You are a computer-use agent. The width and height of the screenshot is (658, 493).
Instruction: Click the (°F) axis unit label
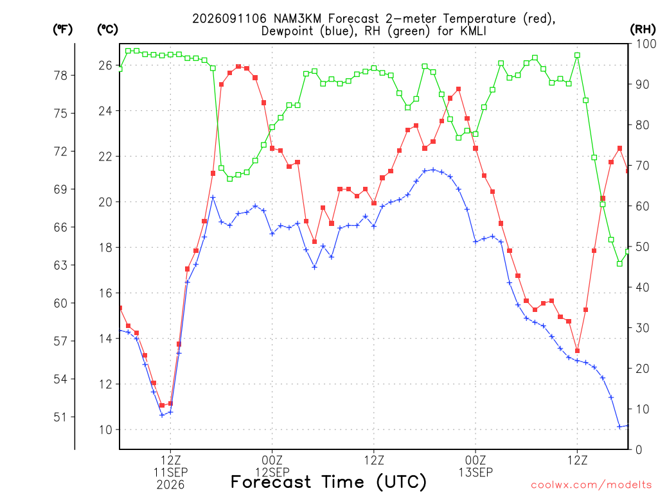pyautogui.click(x=62, y=30)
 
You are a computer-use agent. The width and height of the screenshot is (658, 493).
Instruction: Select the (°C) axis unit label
pyautogui.click(x=107, y=30)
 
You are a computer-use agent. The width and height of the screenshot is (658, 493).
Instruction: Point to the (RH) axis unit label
pyautogui.click(x=643, y=30)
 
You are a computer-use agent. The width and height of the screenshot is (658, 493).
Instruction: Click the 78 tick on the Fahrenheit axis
pyautogui.click(x=61, y=76)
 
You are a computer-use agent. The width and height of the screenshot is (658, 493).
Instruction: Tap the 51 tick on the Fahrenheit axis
pyautogui.click(x=60, y=417)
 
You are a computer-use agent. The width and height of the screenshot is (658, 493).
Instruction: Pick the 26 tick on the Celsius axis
pyautogui.click(x=105, y=65)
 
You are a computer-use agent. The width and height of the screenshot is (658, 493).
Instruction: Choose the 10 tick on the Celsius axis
pyautogui.click(x=105, y=429)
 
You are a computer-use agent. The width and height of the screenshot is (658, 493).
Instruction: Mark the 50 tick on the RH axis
pyautogui.click(x=643, y=247)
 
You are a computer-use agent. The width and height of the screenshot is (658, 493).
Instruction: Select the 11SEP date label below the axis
pyautogui.click(x=170, y=472)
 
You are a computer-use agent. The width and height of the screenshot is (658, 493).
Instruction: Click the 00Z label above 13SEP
pyautogui.click(x=476, y=460)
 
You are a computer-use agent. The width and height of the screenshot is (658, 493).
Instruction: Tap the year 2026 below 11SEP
pyautogui.click(x=170, y=485)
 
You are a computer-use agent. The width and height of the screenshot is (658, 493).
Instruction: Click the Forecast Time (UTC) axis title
pyautogui.click(x=328, y=482)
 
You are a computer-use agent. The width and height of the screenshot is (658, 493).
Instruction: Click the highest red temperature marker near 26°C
pyautogui.click(x=238, y=66)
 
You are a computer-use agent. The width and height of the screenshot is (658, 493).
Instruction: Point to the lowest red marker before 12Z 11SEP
pyautogui.click(x=162, y=406)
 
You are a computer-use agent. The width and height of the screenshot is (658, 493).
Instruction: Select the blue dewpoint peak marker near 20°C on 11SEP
pyautogui.click(x=213, y=197)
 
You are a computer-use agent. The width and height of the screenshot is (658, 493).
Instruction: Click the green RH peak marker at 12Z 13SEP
pyautogui.click(x=578, y=55)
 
